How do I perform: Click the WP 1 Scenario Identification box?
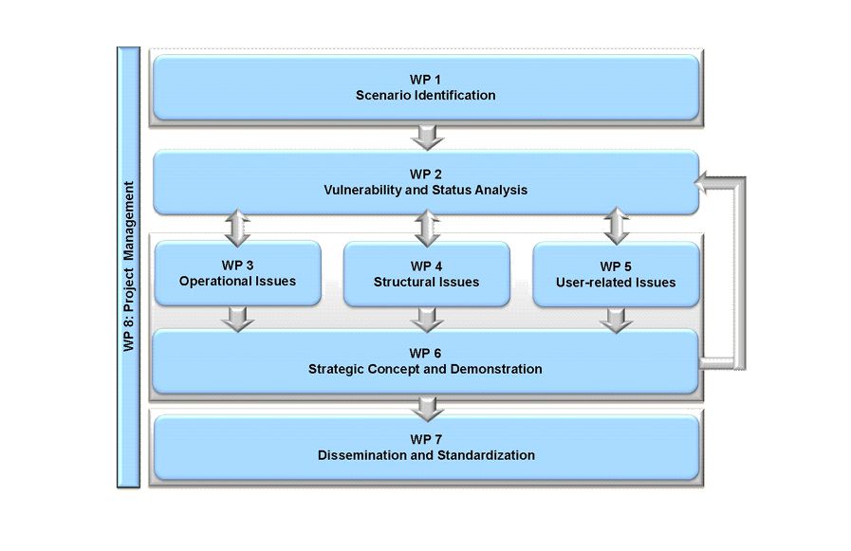pyautogui.click(x=426, y=87)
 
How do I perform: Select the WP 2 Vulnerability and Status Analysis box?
pyautogui.click(x=426, y=182)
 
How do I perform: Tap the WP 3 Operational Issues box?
pyautogui.click(x=238, y=273)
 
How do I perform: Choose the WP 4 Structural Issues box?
pyautogui.click(x=427, y=274)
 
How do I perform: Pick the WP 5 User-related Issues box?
pyautogui.click(x=616, y=274)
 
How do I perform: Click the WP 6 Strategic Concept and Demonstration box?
pyautogui.click(x=425, y=361)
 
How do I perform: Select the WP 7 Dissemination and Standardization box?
pyautogui.click(x=427, y=448)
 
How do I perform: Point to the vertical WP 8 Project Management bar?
pyautogui.click(x=129, y=267)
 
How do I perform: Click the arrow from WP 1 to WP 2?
pyautogui.click(x=428, y=138)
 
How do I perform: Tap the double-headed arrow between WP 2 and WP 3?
pyautogui.click(x=238, y=229)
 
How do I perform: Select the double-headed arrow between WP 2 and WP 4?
pyautogui.click(x=428, y=229)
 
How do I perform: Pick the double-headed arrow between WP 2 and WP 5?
pyautogui.click(x=617, y=226)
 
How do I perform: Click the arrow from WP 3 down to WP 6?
pyautogui.click(x=238, y=320)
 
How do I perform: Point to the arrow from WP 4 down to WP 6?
pyautogui.click(x=427, y=320)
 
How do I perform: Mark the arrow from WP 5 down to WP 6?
pyautogui.click(x=616, y=321)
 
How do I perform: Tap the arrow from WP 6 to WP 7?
pyautogui.click(x=428, y=409)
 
